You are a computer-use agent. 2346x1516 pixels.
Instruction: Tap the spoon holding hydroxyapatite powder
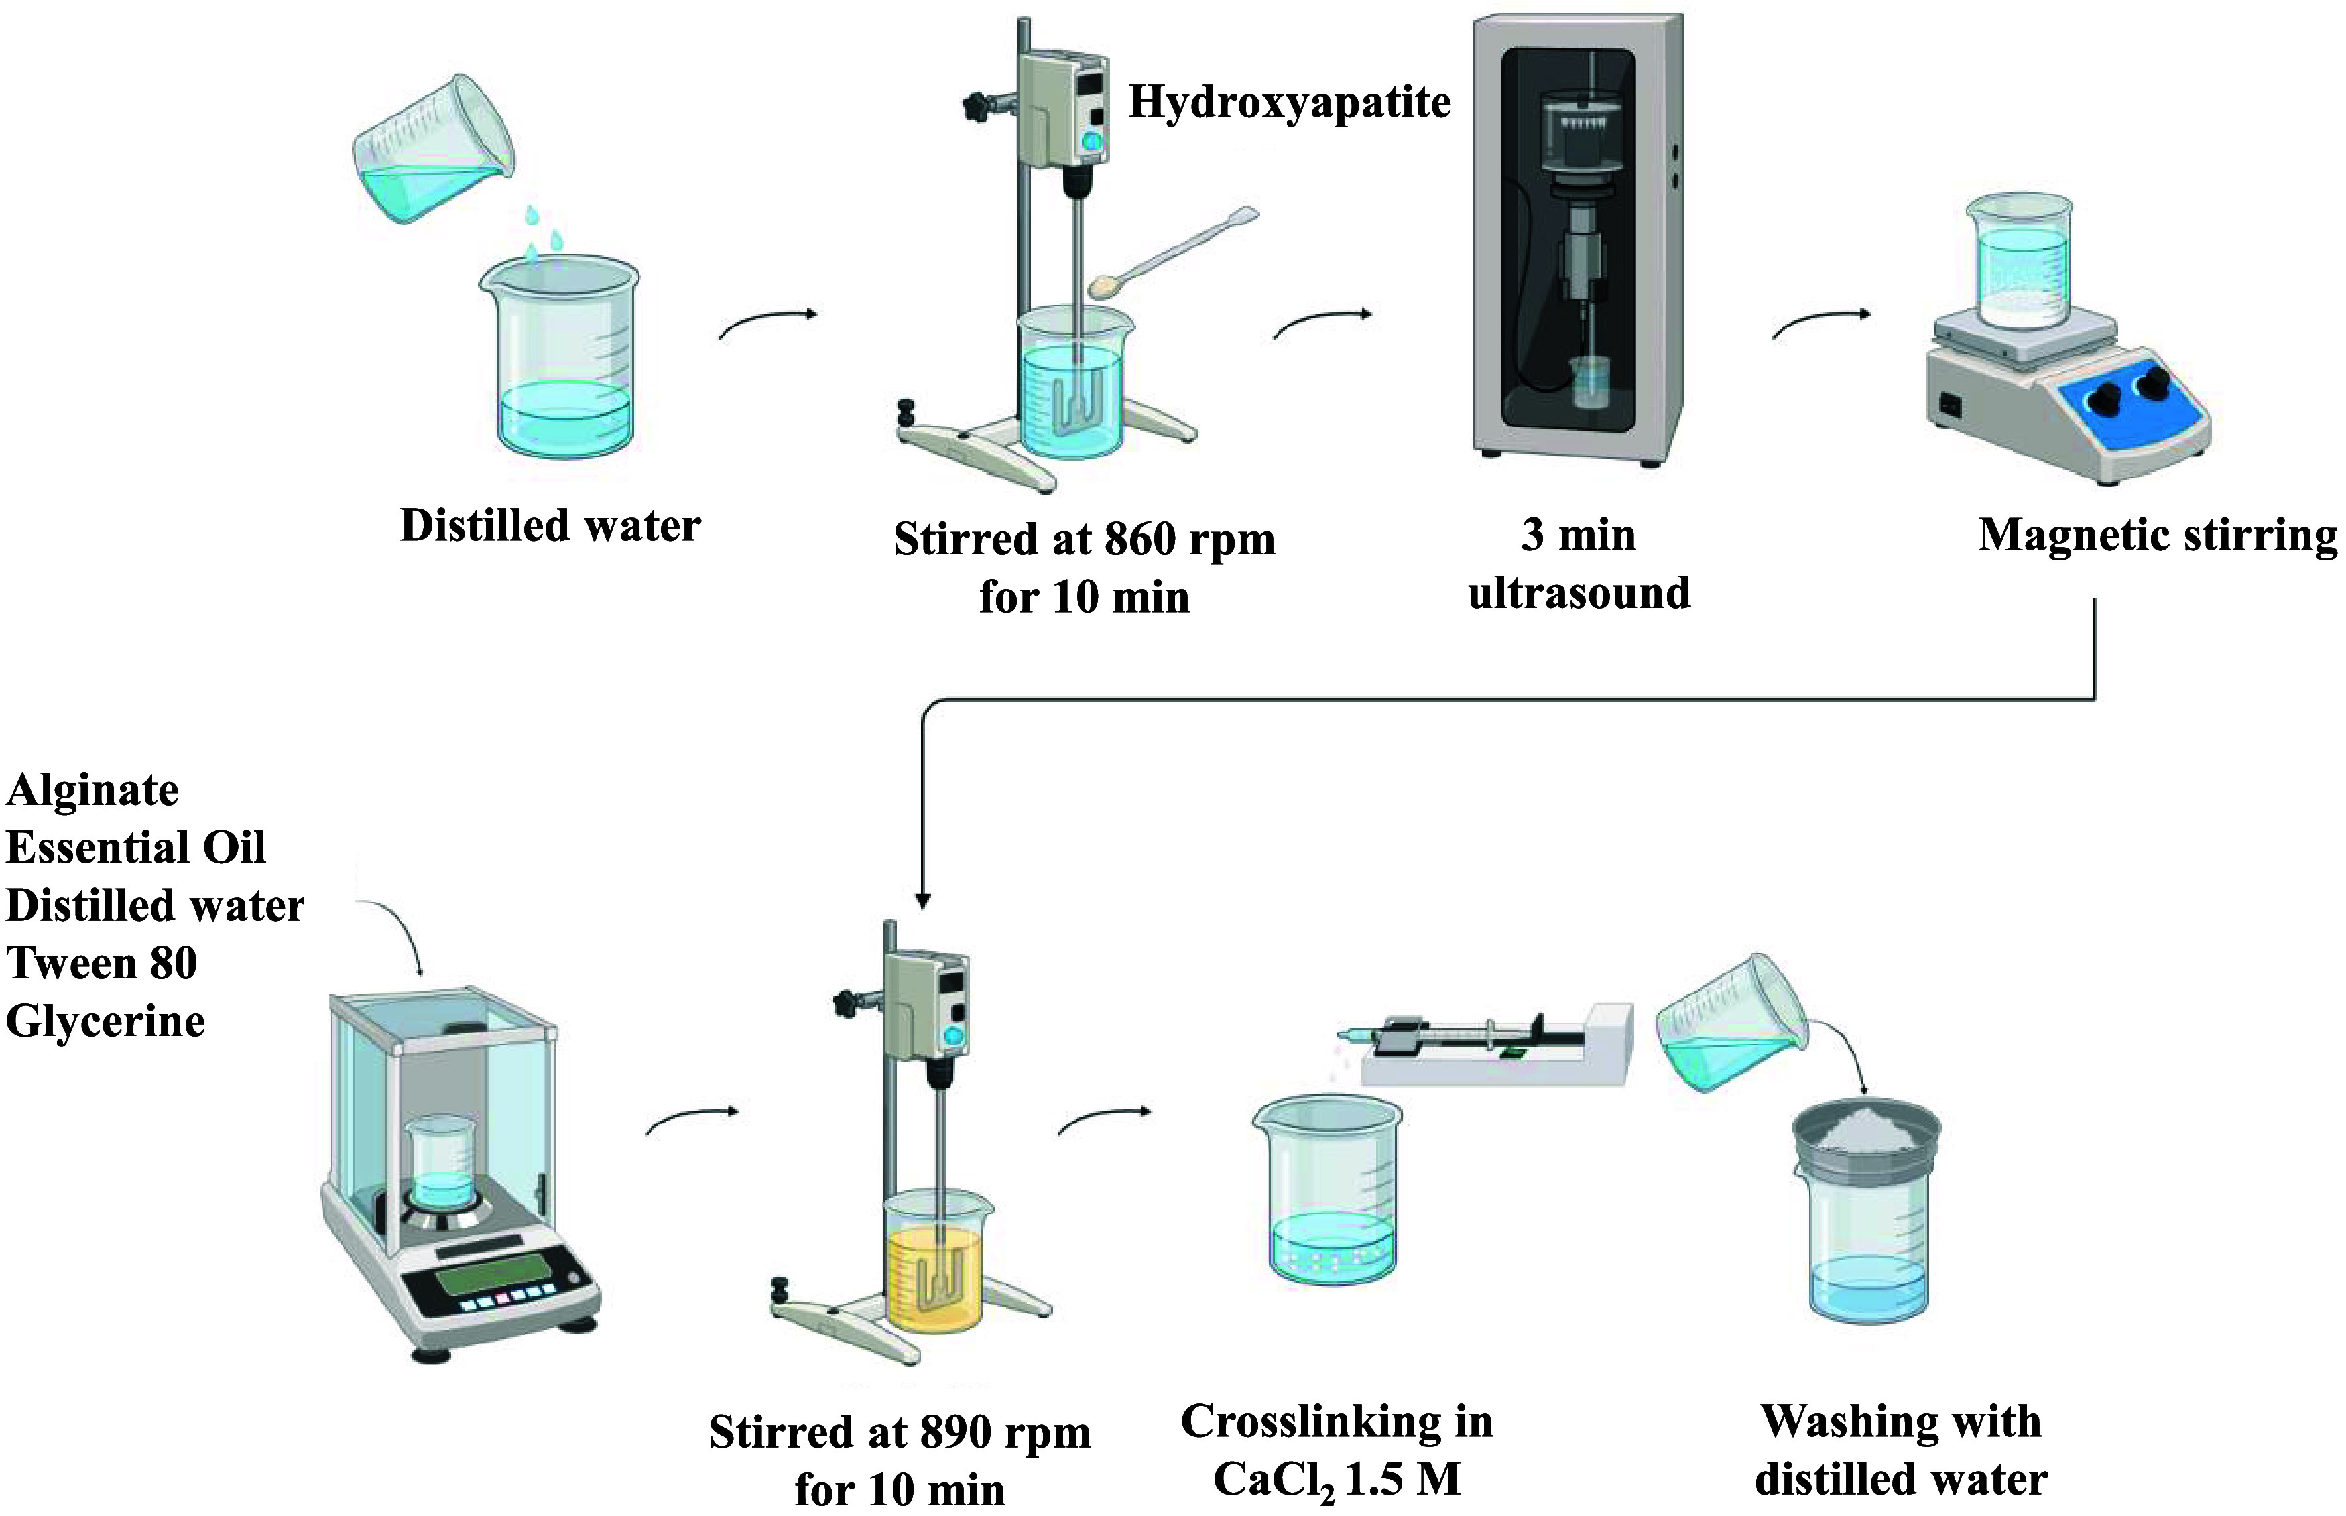click(1176, 252)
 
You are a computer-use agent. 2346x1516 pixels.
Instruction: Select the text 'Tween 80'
click(103, 963)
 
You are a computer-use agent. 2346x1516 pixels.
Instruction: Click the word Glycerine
click(105, 1022)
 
